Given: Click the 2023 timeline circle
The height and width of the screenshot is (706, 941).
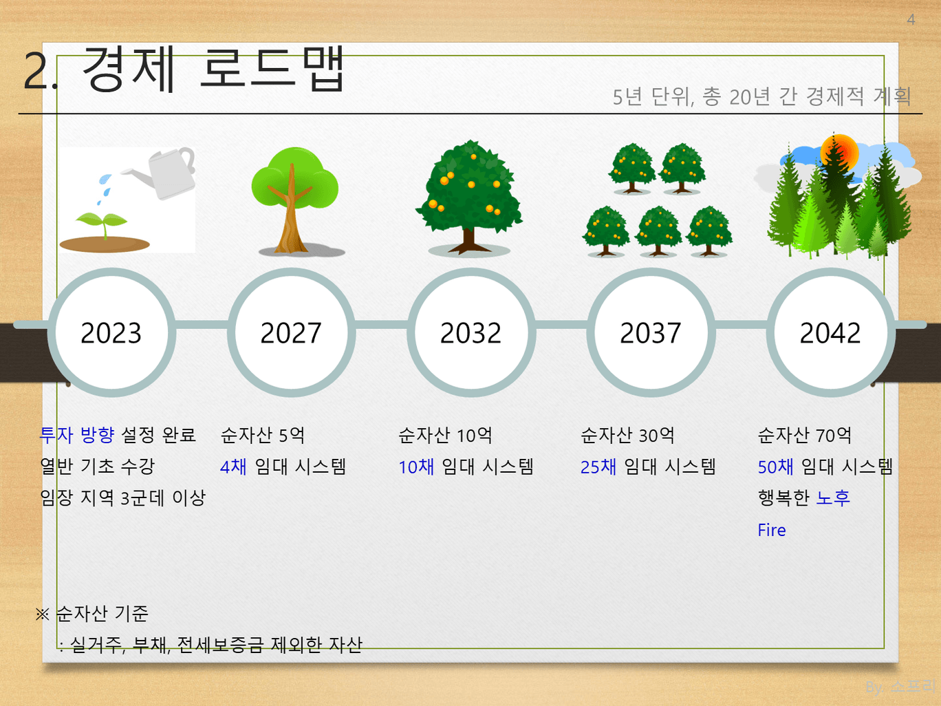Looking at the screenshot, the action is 111,332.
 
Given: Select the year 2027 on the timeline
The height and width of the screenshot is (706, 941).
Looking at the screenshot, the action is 291,332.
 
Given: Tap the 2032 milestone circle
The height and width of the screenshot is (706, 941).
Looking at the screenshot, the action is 471,332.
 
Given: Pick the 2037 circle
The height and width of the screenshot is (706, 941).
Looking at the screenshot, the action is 651,332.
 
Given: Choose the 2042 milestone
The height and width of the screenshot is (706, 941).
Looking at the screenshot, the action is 830,332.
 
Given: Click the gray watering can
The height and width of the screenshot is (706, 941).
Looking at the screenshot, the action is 165,172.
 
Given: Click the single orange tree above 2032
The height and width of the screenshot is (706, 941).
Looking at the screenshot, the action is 469,197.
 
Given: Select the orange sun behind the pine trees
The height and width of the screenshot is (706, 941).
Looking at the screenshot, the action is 839,153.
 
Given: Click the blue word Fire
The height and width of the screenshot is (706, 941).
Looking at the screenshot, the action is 772,531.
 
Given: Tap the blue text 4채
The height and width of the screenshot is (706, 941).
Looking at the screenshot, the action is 233,467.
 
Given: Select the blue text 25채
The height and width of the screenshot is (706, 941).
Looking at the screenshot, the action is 598,467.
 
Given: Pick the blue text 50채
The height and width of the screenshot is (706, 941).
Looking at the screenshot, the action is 775,467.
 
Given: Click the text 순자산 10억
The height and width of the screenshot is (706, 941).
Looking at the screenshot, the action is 445,435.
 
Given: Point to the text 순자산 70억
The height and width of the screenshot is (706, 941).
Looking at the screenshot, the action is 804,435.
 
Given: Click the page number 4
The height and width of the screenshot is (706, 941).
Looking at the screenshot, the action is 911,20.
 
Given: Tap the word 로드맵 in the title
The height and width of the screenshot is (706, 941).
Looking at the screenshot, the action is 272,69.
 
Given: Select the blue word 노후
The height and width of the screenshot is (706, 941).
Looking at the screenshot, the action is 832,498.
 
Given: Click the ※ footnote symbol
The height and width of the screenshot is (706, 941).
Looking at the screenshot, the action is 43,614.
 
